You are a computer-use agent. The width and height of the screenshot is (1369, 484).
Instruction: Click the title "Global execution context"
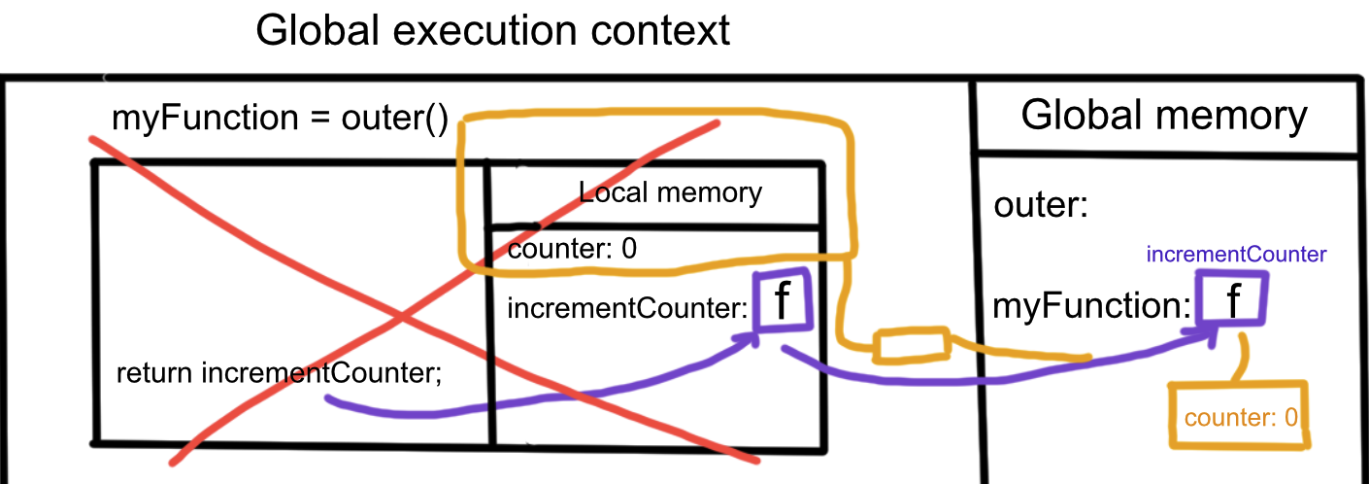coord(492,31)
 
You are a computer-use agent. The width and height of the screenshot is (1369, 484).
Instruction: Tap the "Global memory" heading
coord(1164,116)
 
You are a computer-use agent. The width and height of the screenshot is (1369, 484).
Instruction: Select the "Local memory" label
coord(670,191)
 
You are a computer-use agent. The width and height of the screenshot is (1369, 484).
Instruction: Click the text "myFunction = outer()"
coord(280,120)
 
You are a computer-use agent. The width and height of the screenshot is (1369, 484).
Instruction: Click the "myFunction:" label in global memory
coord(1091,307)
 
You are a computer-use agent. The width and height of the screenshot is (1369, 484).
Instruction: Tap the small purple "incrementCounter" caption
coord(1236,255)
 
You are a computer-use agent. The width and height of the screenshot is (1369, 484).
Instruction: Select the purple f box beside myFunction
coord(1231,299)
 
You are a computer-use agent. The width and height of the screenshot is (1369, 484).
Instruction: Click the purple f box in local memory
coord(780,301)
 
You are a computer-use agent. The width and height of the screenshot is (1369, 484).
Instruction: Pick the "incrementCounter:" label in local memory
coord(626,309)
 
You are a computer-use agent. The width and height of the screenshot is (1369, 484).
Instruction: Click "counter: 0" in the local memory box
coord(573,249)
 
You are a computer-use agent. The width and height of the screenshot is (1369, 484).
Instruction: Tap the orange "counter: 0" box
coord(1239,419)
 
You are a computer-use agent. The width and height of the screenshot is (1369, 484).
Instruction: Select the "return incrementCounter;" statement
coord(279,372)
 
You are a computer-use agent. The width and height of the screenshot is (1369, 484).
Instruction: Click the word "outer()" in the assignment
coord(394,120)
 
